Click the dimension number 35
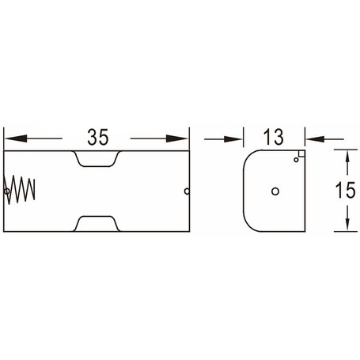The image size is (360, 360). click(98, 137)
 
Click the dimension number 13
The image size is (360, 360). click(274, 137)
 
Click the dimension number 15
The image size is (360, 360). click(345, 190)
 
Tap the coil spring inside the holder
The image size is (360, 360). click(20, 190)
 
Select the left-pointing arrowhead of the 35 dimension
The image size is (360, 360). click(16, 138)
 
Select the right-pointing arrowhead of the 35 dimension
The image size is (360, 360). click(176, 138)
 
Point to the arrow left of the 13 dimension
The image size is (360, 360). click(223, 138)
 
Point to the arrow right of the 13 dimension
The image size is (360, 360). click(324, 138)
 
